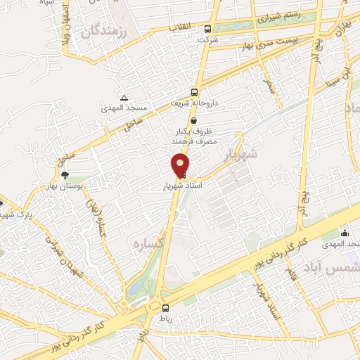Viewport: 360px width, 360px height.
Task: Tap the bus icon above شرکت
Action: (207, 30)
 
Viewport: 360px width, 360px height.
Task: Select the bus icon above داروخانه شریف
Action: (195, 92)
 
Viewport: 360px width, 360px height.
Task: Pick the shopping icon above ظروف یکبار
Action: (193, 120)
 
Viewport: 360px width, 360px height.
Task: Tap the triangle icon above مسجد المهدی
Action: (124, 97)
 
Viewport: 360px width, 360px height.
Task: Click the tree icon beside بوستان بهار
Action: (65, 174)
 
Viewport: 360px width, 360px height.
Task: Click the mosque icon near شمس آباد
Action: (344, 233)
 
